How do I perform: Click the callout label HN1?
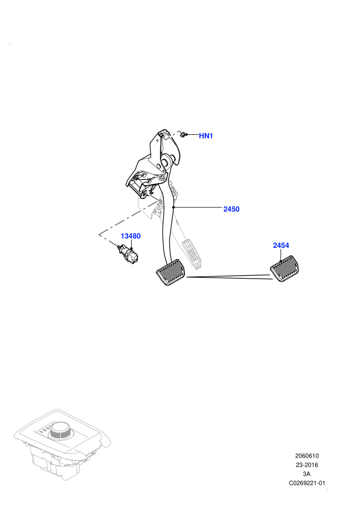tap(206, 136)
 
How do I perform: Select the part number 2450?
tap(231, 209)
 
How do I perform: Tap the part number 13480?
tap(131, 236)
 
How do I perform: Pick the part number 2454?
tap(281, 245)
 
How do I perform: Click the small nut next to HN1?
tap(183, 134)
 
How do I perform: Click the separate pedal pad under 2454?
tap(284, 269)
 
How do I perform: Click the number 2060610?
tap(307, 456)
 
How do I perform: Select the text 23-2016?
tap(307, 465)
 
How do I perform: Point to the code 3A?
tap(307, 474)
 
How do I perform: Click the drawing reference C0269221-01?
tap(307, 483)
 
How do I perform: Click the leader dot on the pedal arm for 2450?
tap(173, 207)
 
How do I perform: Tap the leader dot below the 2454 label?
tap(280, 261)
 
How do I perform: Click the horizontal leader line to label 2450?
tap(197, 207)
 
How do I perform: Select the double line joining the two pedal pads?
tap(229, 277)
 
